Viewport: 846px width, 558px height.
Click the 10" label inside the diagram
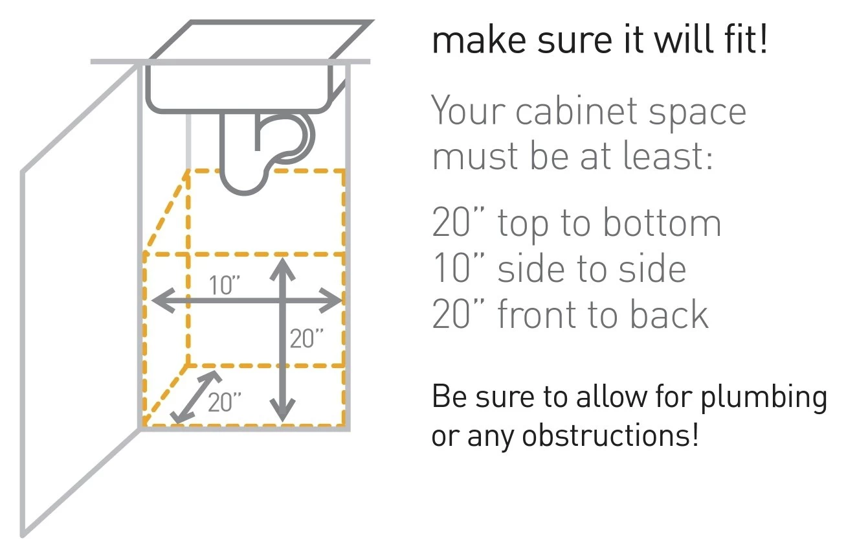[225, 285]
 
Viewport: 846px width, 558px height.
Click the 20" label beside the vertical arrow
[307, 338]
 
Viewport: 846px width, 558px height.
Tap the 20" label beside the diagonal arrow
[225, 402]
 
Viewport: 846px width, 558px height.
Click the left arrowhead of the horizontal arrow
[163, 301]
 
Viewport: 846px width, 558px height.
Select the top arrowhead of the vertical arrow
[282, 270]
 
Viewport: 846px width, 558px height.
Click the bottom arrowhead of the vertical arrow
[282, 410]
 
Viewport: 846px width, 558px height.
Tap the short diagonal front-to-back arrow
[196, 397]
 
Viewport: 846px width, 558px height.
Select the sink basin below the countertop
[239, 88]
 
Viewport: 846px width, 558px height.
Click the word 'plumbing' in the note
[764, 398]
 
